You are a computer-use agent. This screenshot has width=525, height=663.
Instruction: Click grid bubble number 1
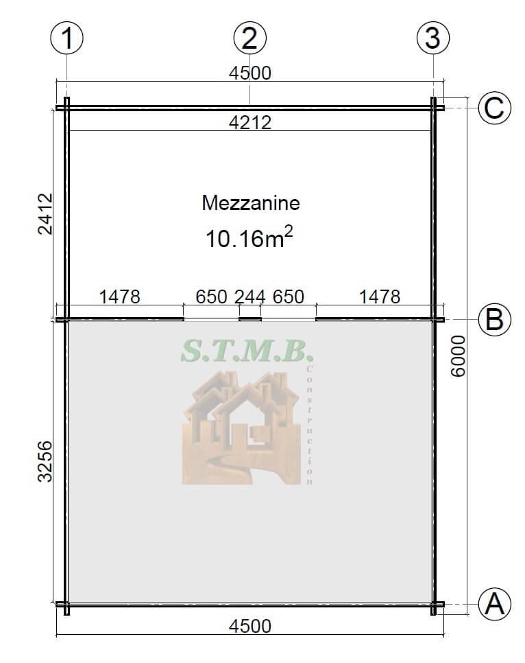point(67,38)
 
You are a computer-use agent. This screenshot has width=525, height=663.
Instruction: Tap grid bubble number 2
point(249,38)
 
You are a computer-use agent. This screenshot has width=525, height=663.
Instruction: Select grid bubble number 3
point(432,38)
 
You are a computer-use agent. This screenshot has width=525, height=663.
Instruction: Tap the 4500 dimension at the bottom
point(249,626)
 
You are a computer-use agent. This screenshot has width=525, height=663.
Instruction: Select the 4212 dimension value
point(249,122)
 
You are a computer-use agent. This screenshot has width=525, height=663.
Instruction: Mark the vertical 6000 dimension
point(459,356)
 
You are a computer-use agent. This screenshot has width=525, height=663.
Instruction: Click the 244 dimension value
point(250,296)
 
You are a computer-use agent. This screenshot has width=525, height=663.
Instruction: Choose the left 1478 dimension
point(120,296)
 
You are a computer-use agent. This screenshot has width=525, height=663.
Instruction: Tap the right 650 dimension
point(289,296)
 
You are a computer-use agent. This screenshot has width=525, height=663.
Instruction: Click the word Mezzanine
point(251,203)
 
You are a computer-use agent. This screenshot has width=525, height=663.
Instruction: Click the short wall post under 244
point(250,318)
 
